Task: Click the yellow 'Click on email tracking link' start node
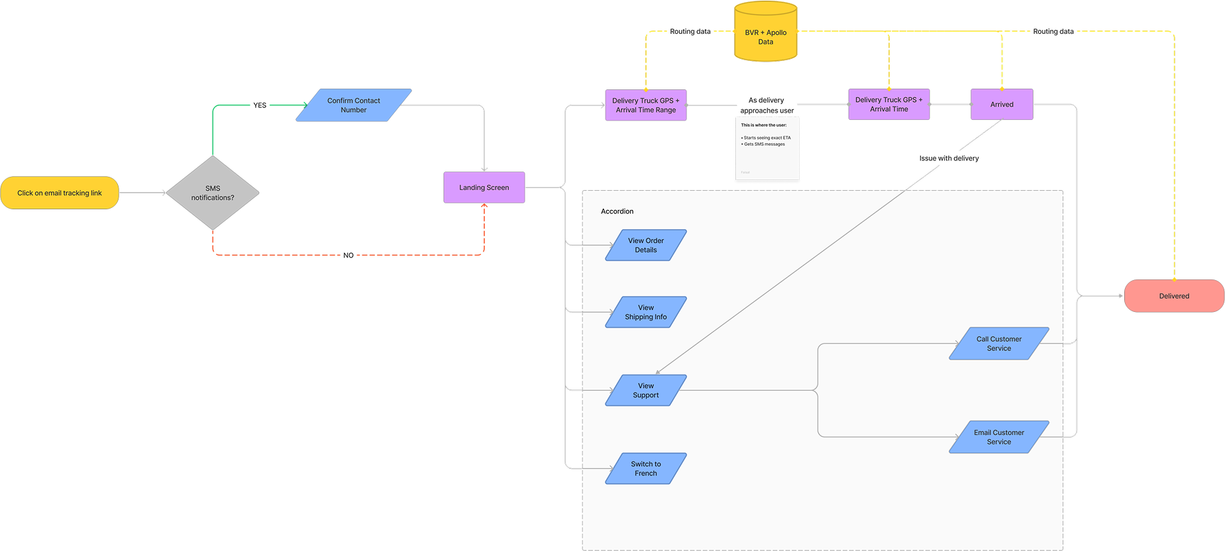[60, 193]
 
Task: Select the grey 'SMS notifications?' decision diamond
[213, 193]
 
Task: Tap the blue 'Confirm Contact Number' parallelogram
[353, 105]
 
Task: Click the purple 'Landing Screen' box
[484, 187]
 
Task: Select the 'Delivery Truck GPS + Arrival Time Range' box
[645, 105]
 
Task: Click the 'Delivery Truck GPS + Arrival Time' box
[888, 105]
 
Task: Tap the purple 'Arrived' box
[1001, 105]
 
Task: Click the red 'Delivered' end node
[1173, 296]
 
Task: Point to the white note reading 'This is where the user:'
[767, 148]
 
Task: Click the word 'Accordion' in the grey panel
[617, 211]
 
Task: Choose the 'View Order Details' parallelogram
[645, 245]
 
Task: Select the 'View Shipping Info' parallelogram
[645, 312]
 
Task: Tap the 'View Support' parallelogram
[645, 390]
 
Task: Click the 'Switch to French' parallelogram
[645, 468]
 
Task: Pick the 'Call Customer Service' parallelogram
[998, 344]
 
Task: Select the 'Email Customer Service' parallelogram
[998, 437]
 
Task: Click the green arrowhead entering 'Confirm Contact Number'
[305, 105]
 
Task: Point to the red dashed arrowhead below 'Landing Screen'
[484, 207]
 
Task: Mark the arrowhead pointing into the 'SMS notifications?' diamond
[163, 193]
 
